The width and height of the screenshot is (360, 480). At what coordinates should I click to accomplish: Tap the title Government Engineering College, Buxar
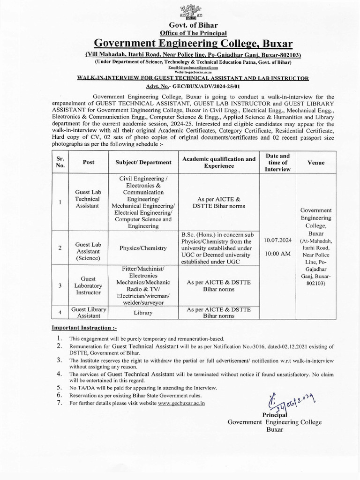[x=193, y=43]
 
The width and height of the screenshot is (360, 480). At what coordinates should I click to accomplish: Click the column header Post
[x=89, y=162]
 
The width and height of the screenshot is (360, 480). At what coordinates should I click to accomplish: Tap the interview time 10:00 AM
[x=278, y=254]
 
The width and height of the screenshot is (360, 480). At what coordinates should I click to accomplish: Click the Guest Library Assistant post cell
[x=89, y=312]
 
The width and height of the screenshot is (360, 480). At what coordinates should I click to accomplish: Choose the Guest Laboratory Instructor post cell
[x=89, y=285]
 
